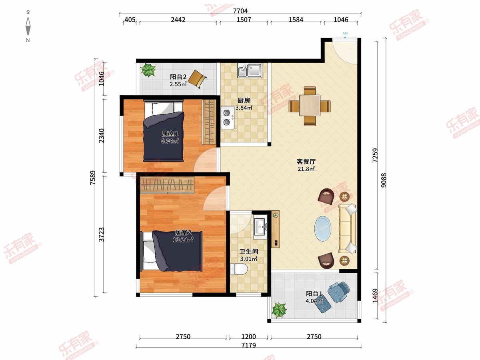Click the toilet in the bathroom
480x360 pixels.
239,269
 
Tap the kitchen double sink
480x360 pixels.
250,70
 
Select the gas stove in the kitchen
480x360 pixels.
228,117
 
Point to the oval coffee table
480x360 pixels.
323,229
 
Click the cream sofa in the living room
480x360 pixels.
348,229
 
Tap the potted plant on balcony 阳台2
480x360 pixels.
148,70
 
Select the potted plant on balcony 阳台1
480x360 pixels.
279,310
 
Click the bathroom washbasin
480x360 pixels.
260,227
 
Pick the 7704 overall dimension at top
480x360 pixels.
240,11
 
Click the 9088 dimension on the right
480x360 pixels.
384,180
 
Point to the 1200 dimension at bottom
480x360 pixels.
249,336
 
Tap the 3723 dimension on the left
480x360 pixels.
101,234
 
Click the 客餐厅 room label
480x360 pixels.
306,162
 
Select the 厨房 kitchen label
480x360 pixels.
244,100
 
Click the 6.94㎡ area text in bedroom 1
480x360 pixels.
170,141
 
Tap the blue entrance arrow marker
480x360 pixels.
345,37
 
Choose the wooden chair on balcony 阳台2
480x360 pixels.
197,79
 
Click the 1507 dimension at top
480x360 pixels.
244,20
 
